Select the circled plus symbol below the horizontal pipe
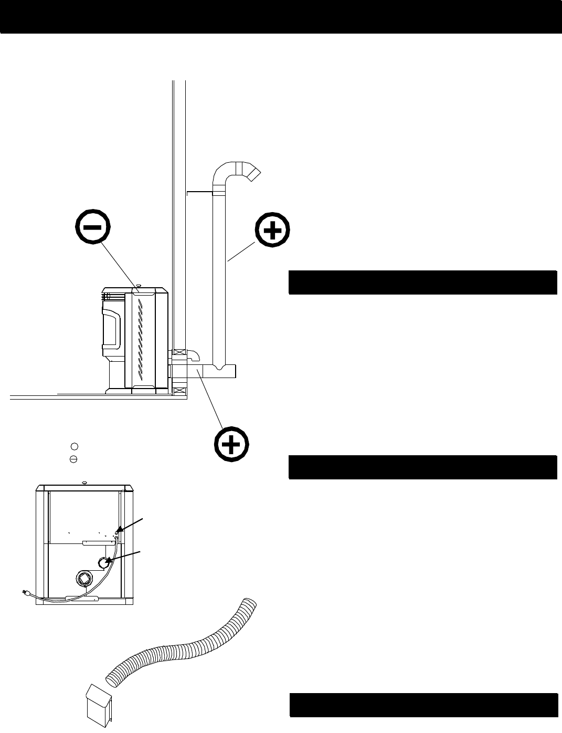[231, 445]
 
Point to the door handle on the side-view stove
[112, 330]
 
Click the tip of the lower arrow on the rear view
[107, 562]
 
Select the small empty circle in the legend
[74, 446]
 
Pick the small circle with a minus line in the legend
[74, 459]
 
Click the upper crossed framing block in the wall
[179, 352]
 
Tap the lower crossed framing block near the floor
[179, 391]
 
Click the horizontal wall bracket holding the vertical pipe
[199, 193]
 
